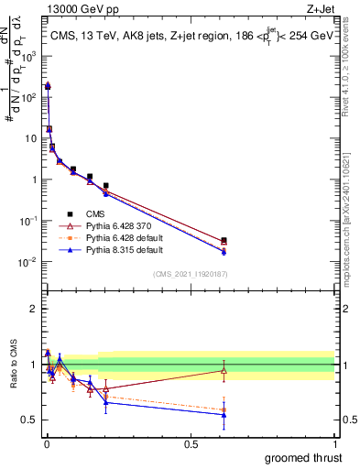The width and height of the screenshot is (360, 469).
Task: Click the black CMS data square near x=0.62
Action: (224, 240)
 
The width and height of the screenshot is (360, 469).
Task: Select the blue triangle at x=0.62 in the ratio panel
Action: (224, 415)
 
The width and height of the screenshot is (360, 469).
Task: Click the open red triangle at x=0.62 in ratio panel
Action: (224, 370)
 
